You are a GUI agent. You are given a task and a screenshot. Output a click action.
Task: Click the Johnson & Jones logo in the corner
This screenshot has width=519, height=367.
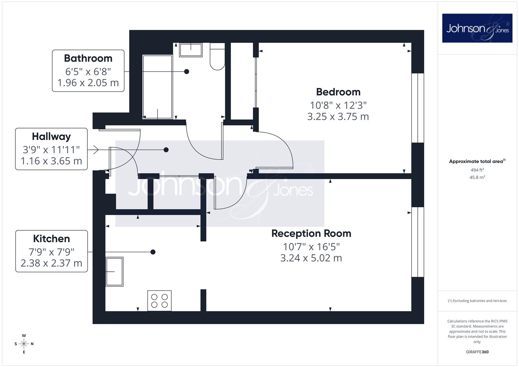[477, 28]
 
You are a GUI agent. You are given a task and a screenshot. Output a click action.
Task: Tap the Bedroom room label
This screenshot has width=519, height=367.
[338, 92]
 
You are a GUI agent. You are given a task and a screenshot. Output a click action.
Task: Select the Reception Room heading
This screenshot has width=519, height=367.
[311, 233]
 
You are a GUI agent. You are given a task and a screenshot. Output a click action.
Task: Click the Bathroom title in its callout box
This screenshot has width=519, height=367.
[88, 58]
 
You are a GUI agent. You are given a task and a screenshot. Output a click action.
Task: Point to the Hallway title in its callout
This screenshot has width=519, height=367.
[51, 137]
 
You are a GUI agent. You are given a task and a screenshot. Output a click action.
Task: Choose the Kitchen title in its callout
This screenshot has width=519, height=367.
[51, 239]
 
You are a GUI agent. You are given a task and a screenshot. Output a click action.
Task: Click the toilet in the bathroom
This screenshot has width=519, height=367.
[217, 56]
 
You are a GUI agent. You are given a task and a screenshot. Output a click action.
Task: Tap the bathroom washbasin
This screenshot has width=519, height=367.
[191, 50]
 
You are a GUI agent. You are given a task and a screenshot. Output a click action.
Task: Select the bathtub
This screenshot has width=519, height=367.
[158, 87]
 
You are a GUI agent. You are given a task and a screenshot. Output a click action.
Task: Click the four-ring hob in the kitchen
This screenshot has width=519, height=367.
[159, 301]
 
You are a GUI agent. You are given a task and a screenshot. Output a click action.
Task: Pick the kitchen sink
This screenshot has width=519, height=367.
[115, 272]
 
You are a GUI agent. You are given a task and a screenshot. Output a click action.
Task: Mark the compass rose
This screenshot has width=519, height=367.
[24, 344]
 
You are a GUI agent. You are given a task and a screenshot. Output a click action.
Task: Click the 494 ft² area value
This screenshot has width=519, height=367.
[477, 170]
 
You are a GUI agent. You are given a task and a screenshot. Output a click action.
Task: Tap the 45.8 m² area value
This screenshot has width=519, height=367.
[477, 177]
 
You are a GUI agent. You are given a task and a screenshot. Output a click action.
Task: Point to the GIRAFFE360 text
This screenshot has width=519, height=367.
[477, 352]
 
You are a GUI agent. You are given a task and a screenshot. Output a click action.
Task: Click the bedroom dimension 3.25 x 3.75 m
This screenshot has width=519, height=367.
[338, 117]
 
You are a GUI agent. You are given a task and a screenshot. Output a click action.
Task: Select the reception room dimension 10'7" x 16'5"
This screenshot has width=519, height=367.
[311, 247]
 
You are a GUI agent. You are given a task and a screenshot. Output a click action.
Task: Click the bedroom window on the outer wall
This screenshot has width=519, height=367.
[418, 108]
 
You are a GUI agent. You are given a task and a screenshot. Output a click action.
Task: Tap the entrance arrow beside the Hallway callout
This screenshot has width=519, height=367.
[96, 150]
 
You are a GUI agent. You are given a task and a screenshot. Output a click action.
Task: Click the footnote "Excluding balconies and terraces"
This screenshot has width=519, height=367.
[480, 301]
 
